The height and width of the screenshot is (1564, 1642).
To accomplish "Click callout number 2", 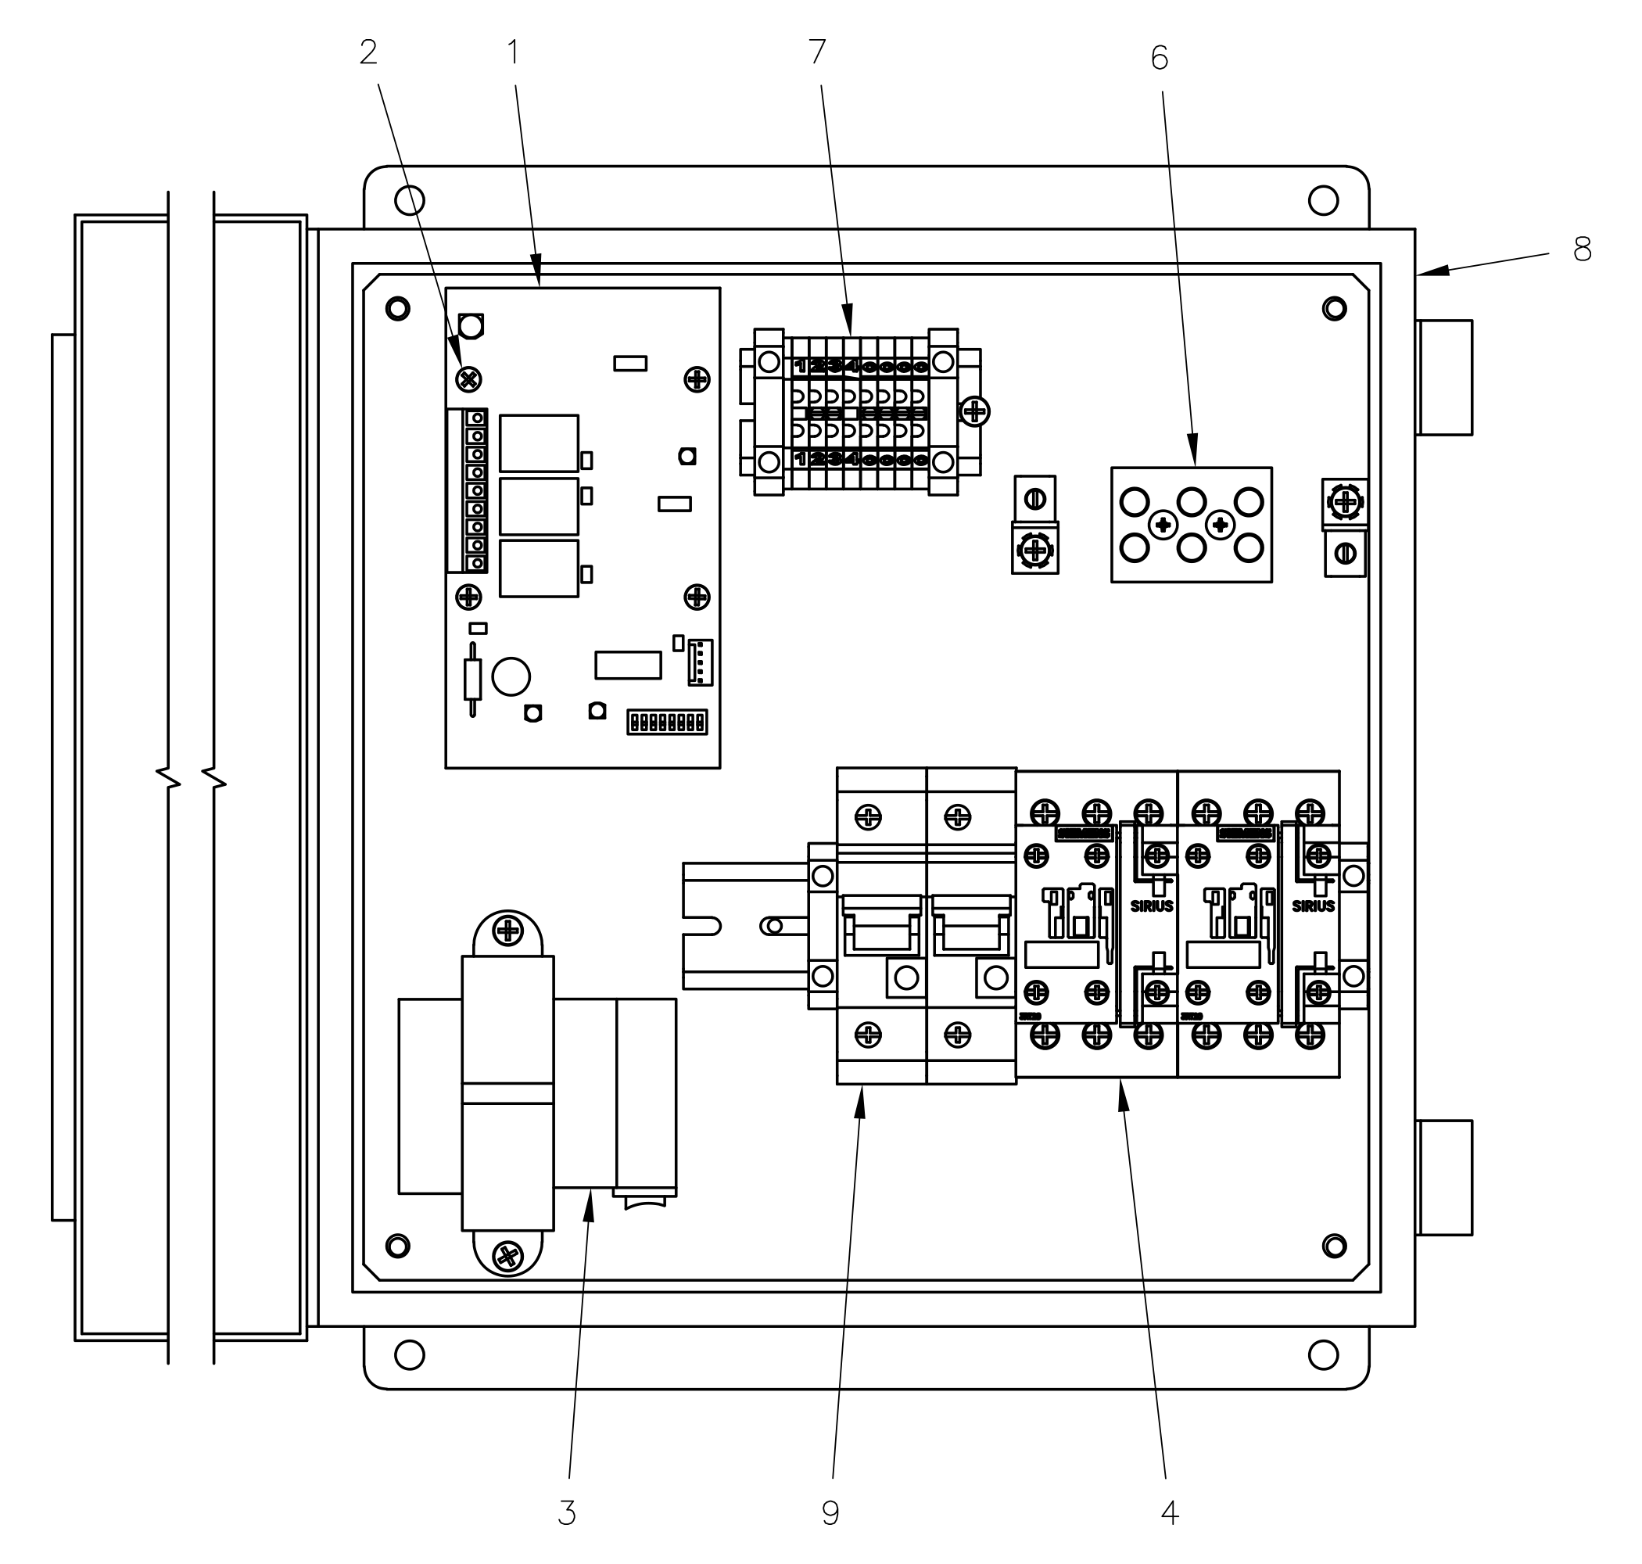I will click(367, 53).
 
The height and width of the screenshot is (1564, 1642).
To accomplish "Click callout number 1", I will click(514, 53).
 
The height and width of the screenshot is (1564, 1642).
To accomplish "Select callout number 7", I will click(817, 52).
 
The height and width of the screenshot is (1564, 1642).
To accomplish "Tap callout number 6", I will click(1160, 59).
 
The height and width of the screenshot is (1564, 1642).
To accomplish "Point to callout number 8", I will click(1582, 249).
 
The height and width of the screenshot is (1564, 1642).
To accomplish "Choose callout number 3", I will click(567, 1513).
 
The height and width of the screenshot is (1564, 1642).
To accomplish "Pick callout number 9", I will click(830, 1513).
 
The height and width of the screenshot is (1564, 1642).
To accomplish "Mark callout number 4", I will click(1170, 1513).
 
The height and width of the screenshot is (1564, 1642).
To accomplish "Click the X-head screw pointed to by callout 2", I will click(469, 380).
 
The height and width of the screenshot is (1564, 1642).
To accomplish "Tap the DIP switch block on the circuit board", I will click(667, 722).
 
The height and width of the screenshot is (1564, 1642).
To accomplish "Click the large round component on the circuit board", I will click(511, 676).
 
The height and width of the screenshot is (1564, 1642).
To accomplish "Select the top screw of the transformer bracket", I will click(507, 931).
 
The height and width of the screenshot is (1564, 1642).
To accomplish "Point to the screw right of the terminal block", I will click(974, 411).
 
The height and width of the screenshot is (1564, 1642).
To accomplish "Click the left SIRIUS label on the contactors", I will click(1151, 907).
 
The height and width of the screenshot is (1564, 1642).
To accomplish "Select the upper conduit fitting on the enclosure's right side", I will click(1443, 378).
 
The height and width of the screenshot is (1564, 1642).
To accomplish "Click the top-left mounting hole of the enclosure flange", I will click(409, 200).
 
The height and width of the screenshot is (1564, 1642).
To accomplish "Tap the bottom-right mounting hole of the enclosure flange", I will click(1323, 1355).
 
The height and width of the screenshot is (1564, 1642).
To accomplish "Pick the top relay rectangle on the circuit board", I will click(539, 443).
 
